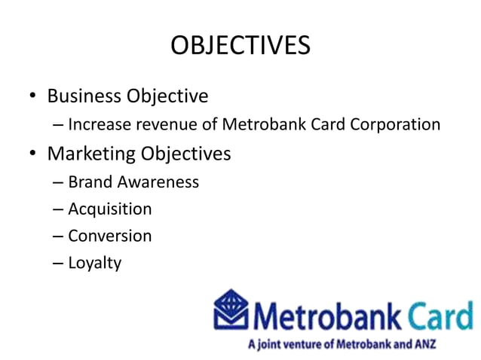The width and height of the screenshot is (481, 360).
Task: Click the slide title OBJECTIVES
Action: tap(240, 46)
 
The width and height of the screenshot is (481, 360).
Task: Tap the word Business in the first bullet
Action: tap(84, 96)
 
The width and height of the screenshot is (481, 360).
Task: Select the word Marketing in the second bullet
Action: tap(91, 154)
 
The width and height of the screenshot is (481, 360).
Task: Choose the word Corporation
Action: tap(394, 125)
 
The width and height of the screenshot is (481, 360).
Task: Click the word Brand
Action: tap(87, 182)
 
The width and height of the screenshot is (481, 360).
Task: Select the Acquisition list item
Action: tap(109, 209)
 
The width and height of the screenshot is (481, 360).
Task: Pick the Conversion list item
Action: tap(109, 236)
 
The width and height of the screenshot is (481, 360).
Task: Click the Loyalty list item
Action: tap(94, 264)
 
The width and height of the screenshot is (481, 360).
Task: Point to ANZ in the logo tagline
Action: tap(424, 344)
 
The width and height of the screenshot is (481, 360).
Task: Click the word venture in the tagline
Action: tap(298, 344)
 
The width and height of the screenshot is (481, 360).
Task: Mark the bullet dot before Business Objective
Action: tap(32, 98)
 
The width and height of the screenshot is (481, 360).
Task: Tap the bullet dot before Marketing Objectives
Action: tap(32, 155)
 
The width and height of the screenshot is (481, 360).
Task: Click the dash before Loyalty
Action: tap(58, 264)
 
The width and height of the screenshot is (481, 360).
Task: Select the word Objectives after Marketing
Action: tap(185, 154)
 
